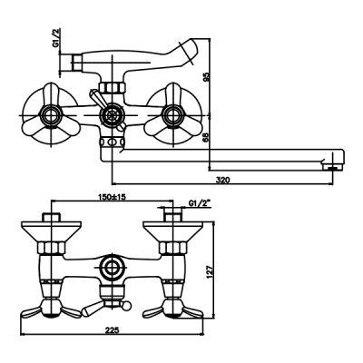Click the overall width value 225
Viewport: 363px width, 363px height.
tap(113, 331)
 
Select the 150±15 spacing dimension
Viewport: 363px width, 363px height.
tap(113, 197)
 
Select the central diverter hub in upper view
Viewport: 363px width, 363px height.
tap(111, 114)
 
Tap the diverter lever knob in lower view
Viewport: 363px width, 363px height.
tap(91, 309)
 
